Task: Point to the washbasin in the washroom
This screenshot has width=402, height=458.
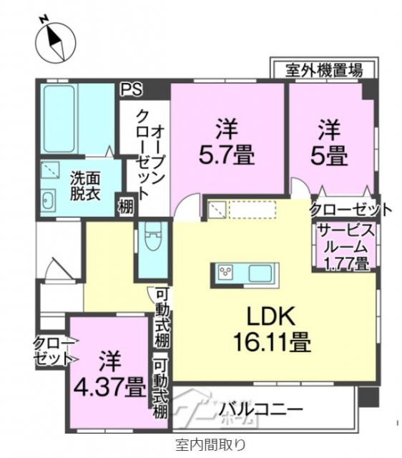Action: point(48,199)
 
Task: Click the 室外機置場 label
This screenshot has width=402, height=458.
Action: point(323,70)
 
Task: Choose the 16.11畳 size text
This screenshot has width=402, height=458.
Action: point(270,343)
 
